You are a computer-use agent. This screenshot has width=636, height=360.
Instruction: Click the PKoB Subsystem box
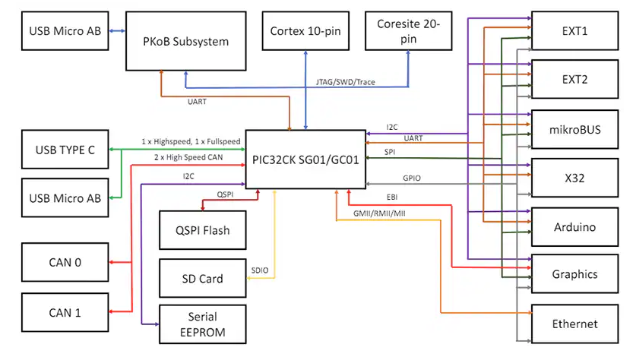pyautogui.click(x=186, y=41)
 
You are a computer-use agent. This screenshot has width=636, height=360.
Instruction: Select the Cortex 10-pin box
pyautogui.click(x=304, y=32)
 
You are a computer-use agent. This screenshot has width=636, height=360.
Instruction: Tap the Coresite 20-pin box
pyautogui.click(x=408, y=32)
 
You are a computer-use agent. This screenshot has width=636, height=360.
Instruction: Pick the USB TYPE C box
pyautogui.click(x=65, y=150)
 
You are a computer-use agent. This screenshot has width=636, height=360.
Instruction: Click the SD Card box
pyautogui.click(x=201, y=279)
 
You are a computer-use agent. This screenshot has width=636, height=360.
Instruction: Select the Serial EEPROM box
pyautogui.click(x=201, y=324)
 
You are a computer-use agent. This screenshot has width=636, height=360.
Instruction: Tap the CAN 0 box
pyautogui.click(x=65, y=263)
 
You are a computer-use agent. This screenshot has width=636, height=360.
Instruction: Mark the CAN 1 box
pyautogui.click(x=65, y=313)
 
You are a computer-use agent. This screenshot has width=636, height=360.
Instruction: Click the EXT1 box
pyautogui.click(x=574, y=31)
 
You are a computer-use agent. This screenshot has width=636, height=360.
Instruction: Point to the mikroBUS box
pyautogui.click(x=574, y=129)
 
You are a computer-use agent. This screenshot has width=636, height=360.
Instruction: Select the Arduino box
pyautogui.click(x=574, y=226)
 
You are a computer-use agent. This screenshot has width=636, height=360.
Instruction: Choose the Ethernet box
pyautogui.click(x=574, y=324)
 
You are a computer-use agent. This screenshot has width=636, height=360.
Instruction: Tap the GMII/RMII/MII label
pyautogui.click(x=379, y=214)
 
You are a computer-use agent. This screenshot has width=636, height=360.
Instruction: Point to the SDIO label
pyautogui.click(x=259, y=270)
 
